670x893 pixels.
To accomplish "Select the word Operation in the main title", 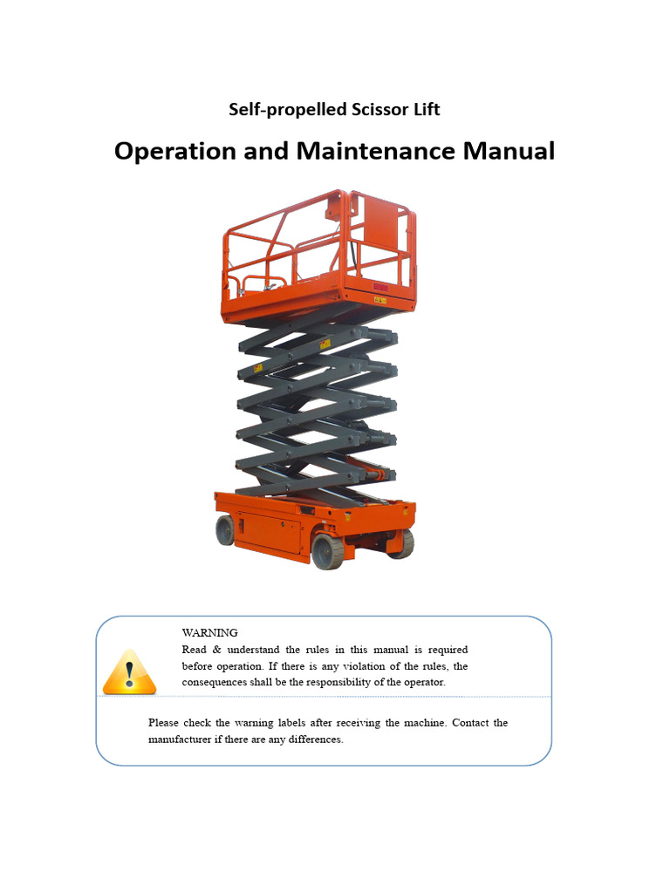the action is [174, 152].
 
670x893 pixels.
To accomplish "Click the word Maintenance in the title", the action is [375, 151].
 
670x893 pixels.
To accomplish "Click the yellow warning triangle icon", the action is [129, 672].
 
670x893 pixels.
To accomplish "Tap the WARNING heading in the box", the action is [209, 633].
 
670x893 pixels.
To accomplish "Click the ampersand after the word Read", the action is [216, 650].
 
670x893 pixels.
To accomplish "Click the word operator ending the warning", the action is [425, 682].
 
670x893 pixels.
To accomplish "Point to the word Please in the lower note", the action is [163, 723].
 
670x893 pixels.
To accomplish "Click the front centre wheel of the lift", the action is [328, 551].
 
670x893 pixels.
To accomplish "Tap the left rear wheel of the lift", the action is [225, 530].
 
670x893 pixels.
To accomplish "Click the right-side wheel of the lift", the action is [402, 543].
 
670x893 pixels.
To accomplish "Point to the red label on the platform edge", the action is [380, 287].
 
